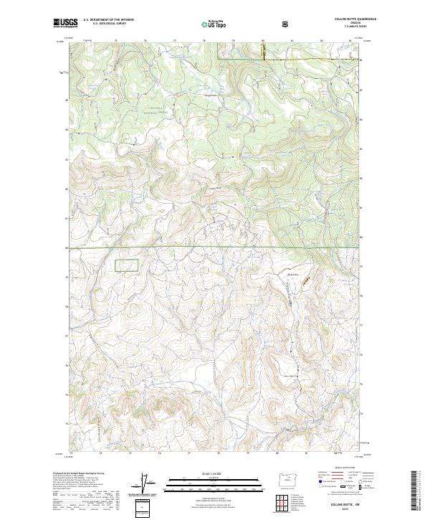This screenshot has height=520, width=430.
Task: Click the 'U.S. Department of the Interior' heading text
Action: pyautogui.click(x=108, y=20)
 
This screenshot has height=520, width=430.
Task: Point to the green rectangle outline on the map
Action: pyautogui.click(x=128, y=265)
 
